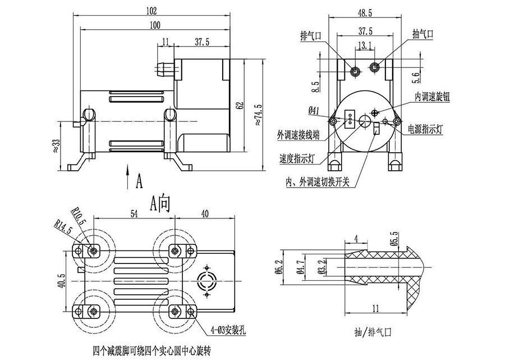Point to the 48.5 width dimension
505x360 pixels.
coord(365,12)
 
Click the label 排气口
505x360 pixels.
coord(310,36)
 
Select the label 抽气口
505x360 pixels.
coord(423,34)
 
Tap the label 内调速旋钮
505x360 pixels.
coord(433,96)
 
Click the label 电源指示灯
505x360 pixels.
coord(426,129)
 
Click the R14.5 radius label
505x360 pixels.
coord(63,230)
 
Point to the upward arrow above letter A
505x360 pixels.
coord(128,171)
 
